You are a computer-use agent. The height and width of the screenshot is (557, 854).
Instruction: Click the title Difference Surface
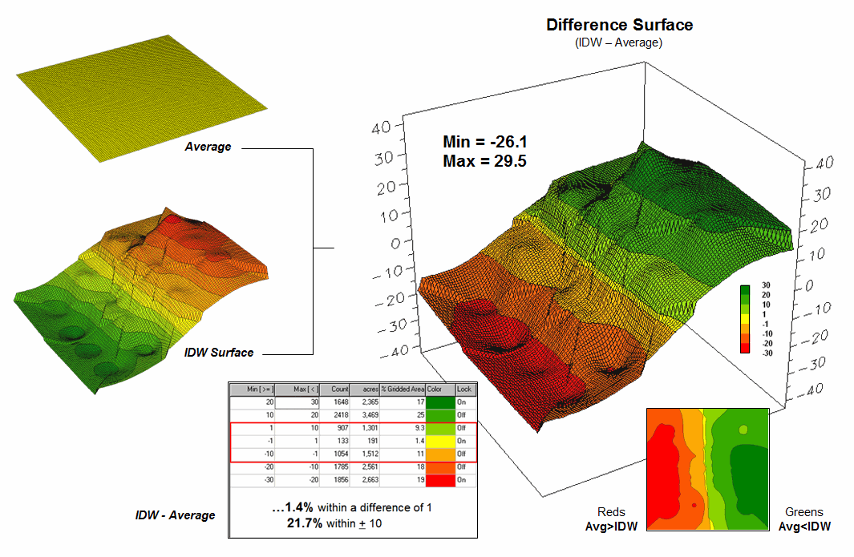point(619,25)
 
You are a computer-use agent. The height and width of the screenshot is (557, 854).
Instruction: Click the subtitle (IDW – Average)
point(619,42)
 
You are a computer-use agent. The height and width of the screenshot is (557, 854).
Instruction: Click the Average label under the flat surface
point(208,147)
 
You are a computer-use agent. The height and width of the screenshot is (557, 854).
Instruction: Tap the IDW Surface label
point(219,353)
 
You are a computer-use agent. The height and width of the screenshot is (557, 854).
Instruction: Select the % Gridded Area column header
point(403,389)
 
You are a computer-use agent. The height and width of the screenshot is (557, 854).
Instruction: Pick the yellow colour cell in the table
point(440,441)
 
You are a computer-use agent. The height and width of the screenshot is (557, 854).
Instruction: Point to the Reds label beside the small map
point(612,512)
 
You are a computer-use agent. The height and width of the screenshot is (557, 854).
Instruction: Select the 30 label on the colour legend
point(766,286)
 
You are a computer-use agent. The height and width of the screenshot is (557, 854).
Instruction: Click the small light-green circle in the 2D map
point(743,430)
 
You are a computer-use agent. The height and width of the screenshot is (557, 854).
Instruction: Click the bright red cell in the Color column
point(440,480)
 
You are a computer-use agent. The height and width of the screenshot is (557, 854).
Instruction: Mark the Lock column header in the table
point(465,389)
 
